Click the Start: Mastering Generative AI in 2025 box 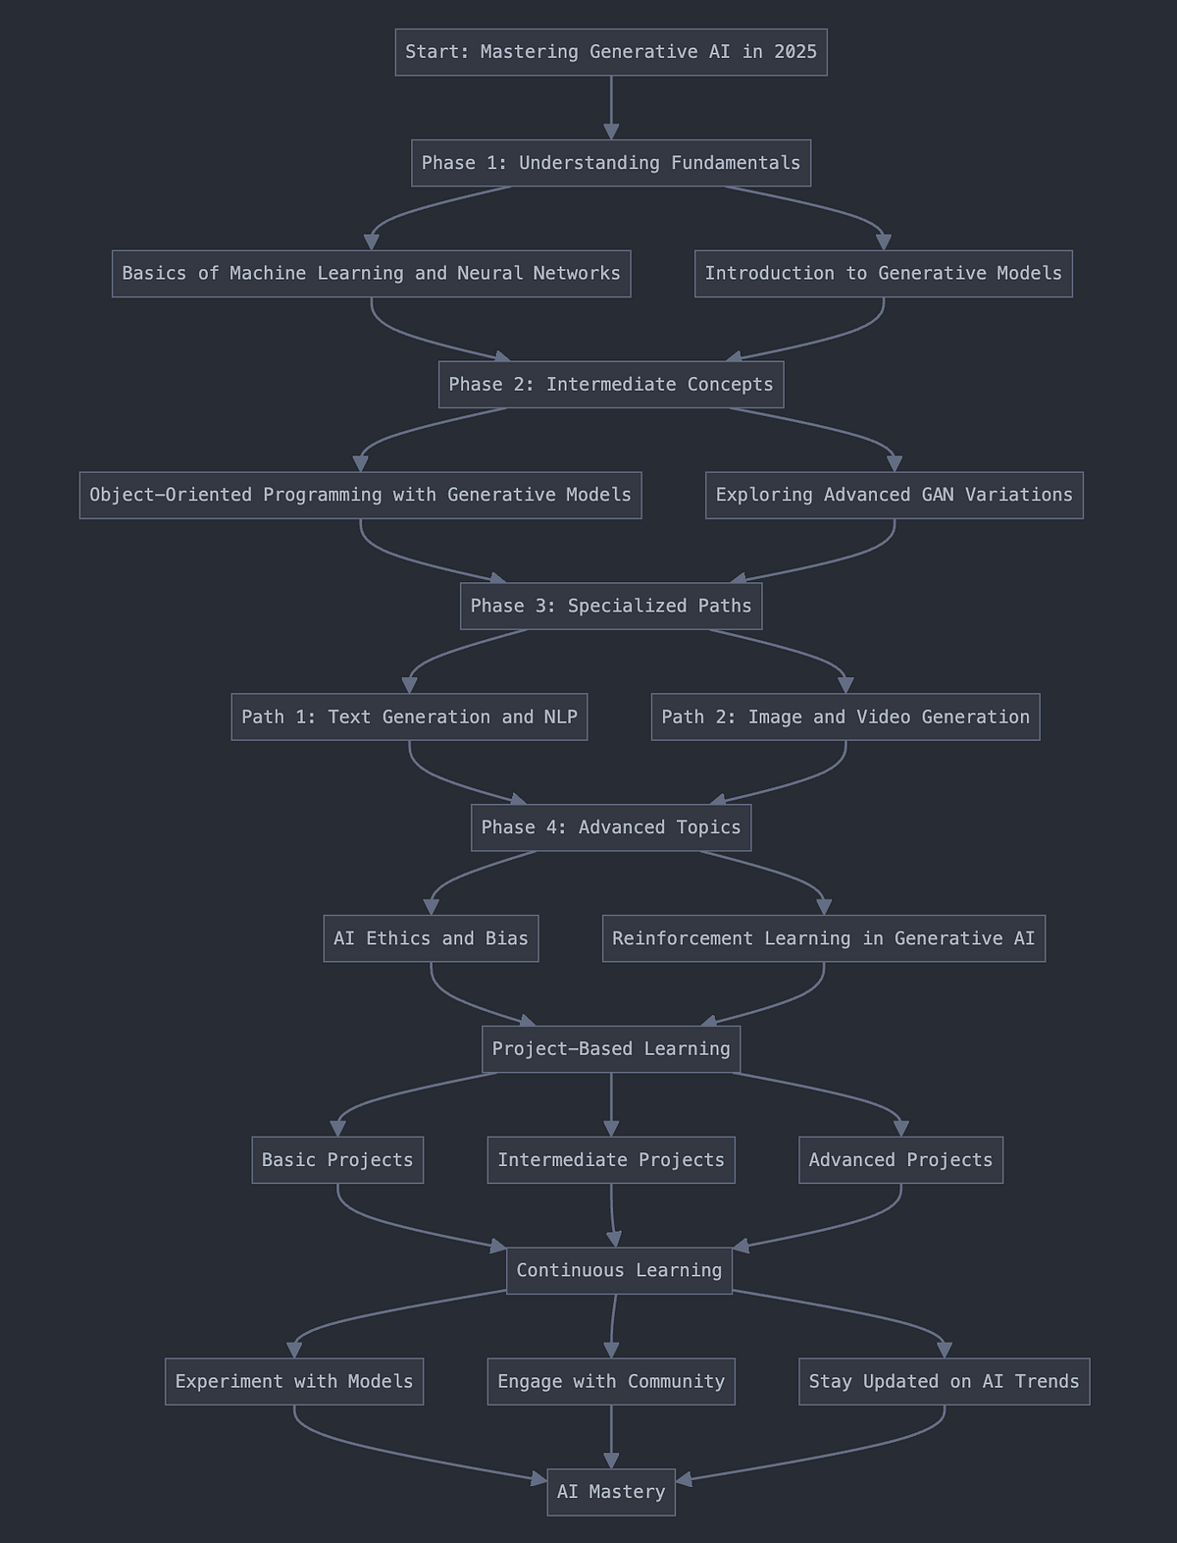point(610,52)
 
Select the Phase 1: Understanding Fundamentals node point(610,163)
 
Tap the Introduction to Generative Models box point(883,274)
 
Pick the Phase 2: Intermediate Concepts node point(610,385)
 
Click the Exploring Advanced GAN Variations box point(894,495)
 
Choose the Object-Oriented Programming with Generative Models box point(360,495)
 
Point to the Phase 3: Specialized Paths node point(610,606)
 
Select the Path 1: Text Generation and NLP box point(409,718)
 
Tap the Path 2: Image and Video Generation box point(844,718)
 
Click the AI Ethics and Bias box point(431,938)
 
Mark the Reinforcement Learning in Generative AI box point(823,938)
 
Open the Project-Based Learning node point(610,1049)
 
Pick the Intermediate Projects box point(610,1160)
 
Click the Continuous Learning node point(619,1271)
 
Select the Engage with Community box point(610,1382)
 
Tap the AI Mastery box point(610,1492)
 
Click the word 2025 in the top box point(794,52)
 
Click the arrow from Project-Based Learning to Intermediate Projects point(611,1103)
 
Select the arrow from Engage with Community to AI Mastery point(611,1435)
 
